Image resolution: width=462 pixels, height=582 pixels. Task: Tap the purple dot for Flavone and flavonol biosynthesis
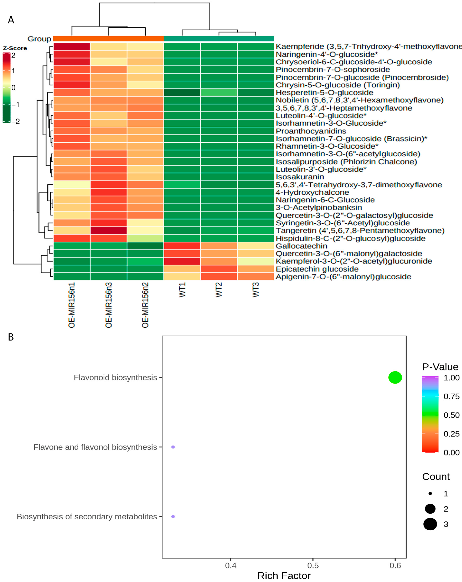click(x=173, y=447)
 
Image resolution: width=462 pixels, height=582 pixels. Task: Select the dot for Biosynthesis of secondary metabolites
click(x=173, y=516)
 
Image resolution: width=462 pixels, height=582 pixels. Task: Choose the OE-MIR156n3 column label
click(x=109, y=305)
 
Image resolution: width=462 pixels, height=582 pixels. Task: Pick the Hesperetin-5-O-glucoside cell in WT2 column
click(x=219, y=93)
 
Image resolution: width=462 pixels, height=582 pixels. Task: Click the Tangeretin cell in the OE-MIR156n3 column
click(x=109, y=231)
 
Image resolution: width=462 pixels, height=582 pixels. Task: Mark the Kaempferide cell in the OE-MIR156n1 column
click(x=72, y=46)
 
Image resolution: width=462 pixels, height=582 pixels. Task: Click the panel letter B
click(x=11, y=337)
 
